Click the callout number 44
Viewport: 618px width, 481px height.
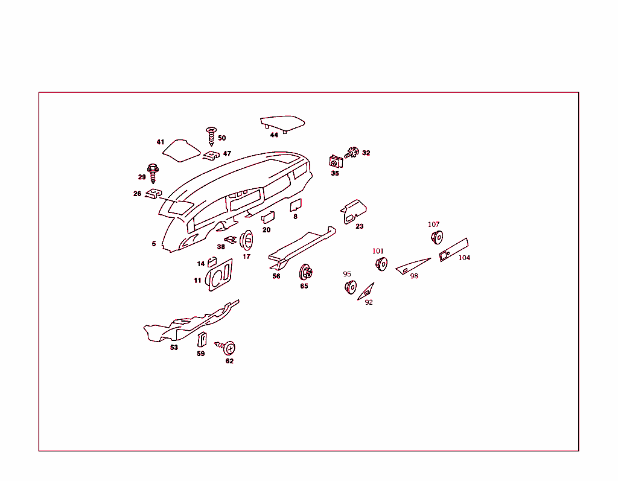(x=274, y=135)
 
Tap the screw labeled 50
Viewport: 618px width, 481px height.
(x=211, y=136)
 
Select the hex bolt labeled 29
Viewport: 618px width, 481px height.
(x=152, y=173)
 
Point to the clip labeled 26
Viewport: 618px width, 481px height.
(x=154, y=194)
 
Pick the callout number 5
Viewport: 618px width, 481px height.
(x=154, y=244)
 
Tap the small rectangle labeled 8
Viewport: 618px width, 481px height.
(x=295, y=205)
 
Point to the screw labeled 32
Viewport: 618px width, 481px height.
(x=352, y=152)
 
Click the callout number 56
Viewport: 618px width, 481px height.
(x=276, y=276)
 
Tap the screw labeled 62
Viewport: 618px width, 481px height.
(x=228, y=348)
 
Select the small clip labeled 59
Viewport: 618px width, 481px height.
(x=202, y=340)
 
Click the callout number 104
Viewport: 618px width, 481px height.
(x=464, y=258)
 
